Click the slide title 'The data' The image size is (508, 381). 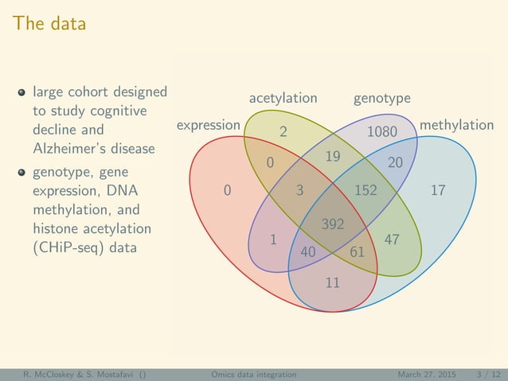[49, 24]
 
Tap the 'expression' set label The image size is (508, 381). [208, 125]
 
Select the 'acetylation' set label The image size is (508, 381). [283, 99]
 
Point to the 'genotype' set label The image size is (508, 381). [382, 99]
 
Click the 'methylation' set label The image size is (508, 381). [456, 125]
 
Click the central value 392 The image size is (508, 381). [333, 224]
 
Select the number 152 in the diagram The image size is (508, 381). [365, 190]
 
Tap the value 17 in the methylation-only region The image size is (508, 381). [438, 190]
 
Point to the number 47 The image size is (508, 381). [392, 239]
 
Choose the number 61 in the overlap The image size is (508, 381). [357, 252]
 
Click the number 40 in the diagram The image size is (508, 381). [308, 252]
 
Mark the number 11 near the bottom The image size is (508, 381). [333, 282]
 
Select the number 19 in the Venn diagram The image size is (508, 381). [333, 157]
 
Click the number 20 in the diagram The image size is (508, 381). [396, 162]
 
